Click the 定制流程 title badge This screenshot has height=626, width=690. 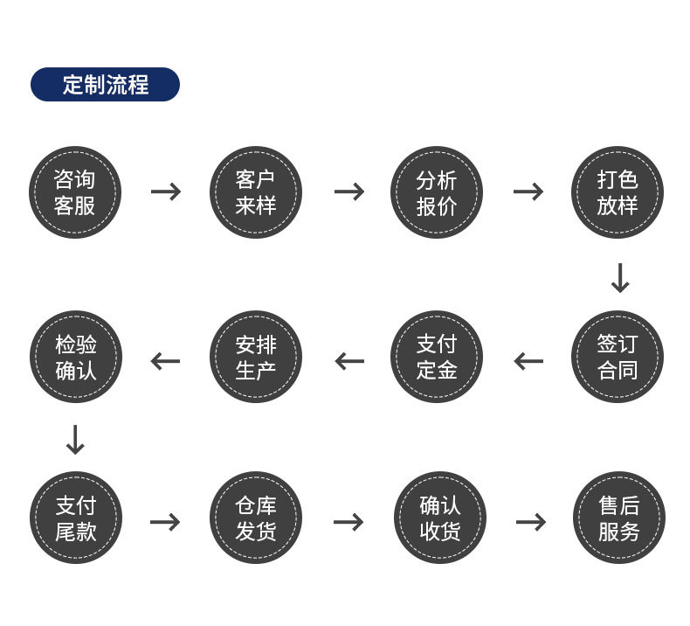(x=105, y=85)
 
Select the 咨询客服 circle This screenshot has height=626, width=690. (x=75, y=192)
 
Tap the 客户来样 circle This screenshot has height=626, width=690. (x=255, y=192)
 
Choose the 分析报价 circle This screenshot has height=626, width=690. (x=436, y=192)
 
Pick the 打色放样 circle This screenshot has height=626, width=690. (x=618, y=192)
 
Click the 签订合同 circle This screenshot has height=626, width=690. (x=618, y=357)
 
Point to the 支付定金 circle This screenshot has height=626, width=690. (x=436, y=357)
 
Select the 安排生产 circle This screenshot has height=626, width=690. (x=255, y=357)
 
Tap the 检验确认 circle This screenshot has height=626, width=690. (x=75, y=357)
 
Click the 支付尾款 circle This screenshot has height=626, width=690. (x=75, y=518)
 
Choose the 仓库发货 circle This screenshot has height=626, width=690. (x=255, y=518)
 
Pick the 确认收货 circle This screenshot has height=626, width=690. (x=439, y=518)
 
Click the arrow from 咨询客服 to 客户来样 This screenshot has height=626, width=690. (x=166, y=191)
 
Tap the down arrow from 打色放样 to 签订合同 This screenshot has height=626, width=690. (x=619, y=278)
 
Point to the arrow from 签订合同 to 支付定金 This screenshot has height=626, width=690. (x=528, y=360)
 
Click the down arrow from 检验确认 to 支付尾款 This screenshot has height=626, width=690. (x=75, y=440)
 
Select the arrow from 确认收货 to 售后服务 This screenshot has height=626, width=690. (x=531, y=522)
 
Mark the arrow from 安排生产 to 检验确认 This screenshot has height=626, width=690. (x=165, y=360)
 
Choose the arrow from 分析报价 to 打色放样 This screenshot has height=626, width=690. (x=528, y=191)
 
